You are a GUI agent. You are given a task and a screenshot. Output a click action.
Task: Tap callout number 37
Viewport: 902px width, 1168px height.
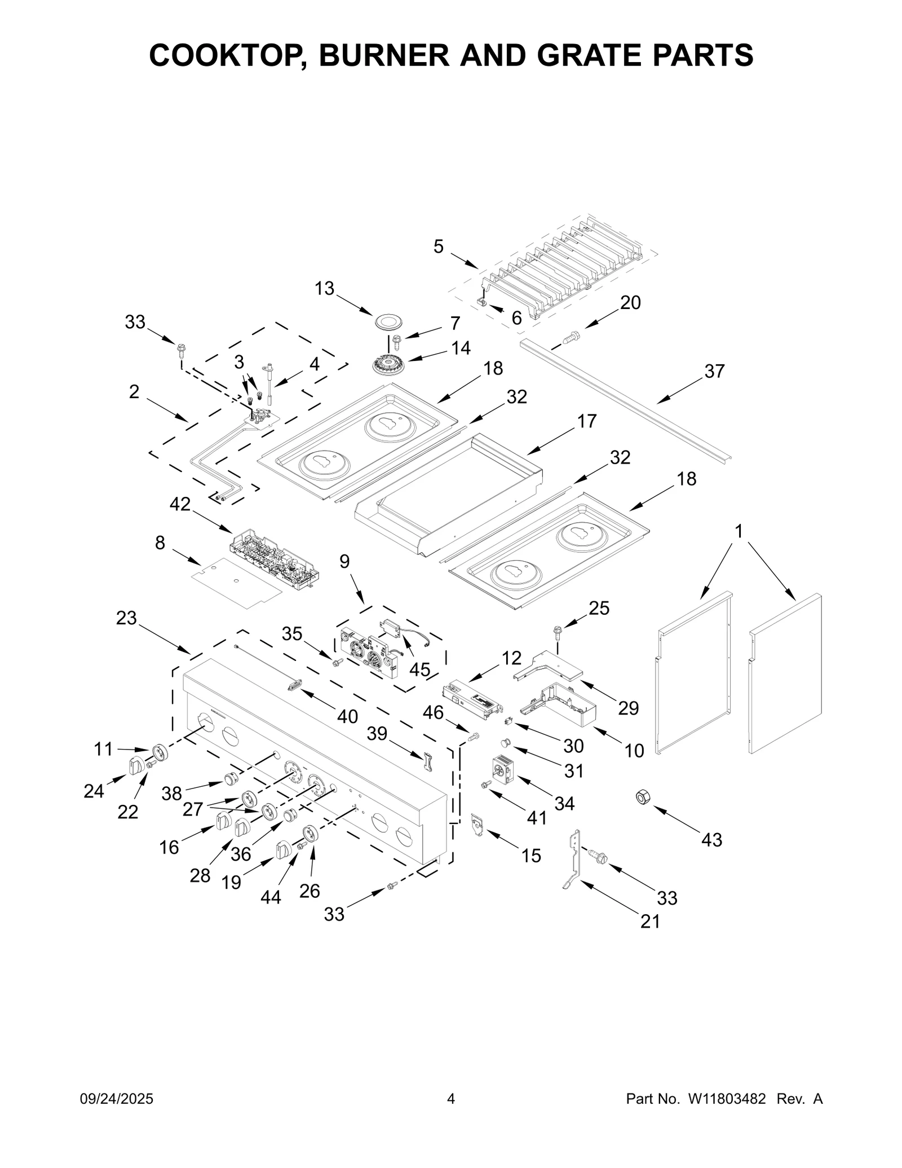pos(714,371)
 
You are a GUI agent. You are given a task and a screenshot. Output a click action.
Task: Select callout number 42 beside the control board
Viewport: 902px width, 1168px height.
pos(180,504)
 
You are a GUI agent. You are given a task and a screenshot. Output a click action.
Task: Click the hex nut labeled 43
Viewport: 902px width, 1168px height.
pos(642,797)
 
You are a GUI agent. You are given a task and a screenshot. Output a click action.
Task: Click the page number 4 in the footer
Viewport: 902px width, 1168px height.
pos(450,1097)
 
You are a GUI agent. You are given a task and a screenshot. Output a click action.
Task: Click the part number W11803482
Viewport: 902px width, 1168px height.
pos(726,1097)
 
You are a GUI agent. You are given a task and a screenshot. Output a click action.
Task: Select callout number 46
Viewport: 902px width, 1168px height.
pos(433,712)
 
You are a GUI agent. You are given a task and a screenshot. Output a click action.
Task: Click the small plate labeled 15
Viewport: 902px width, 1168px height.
pos(477,826)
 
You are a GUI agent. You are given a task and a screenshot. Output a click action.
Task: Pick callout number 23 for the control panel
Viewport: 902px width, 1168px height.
pos(126,618)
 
